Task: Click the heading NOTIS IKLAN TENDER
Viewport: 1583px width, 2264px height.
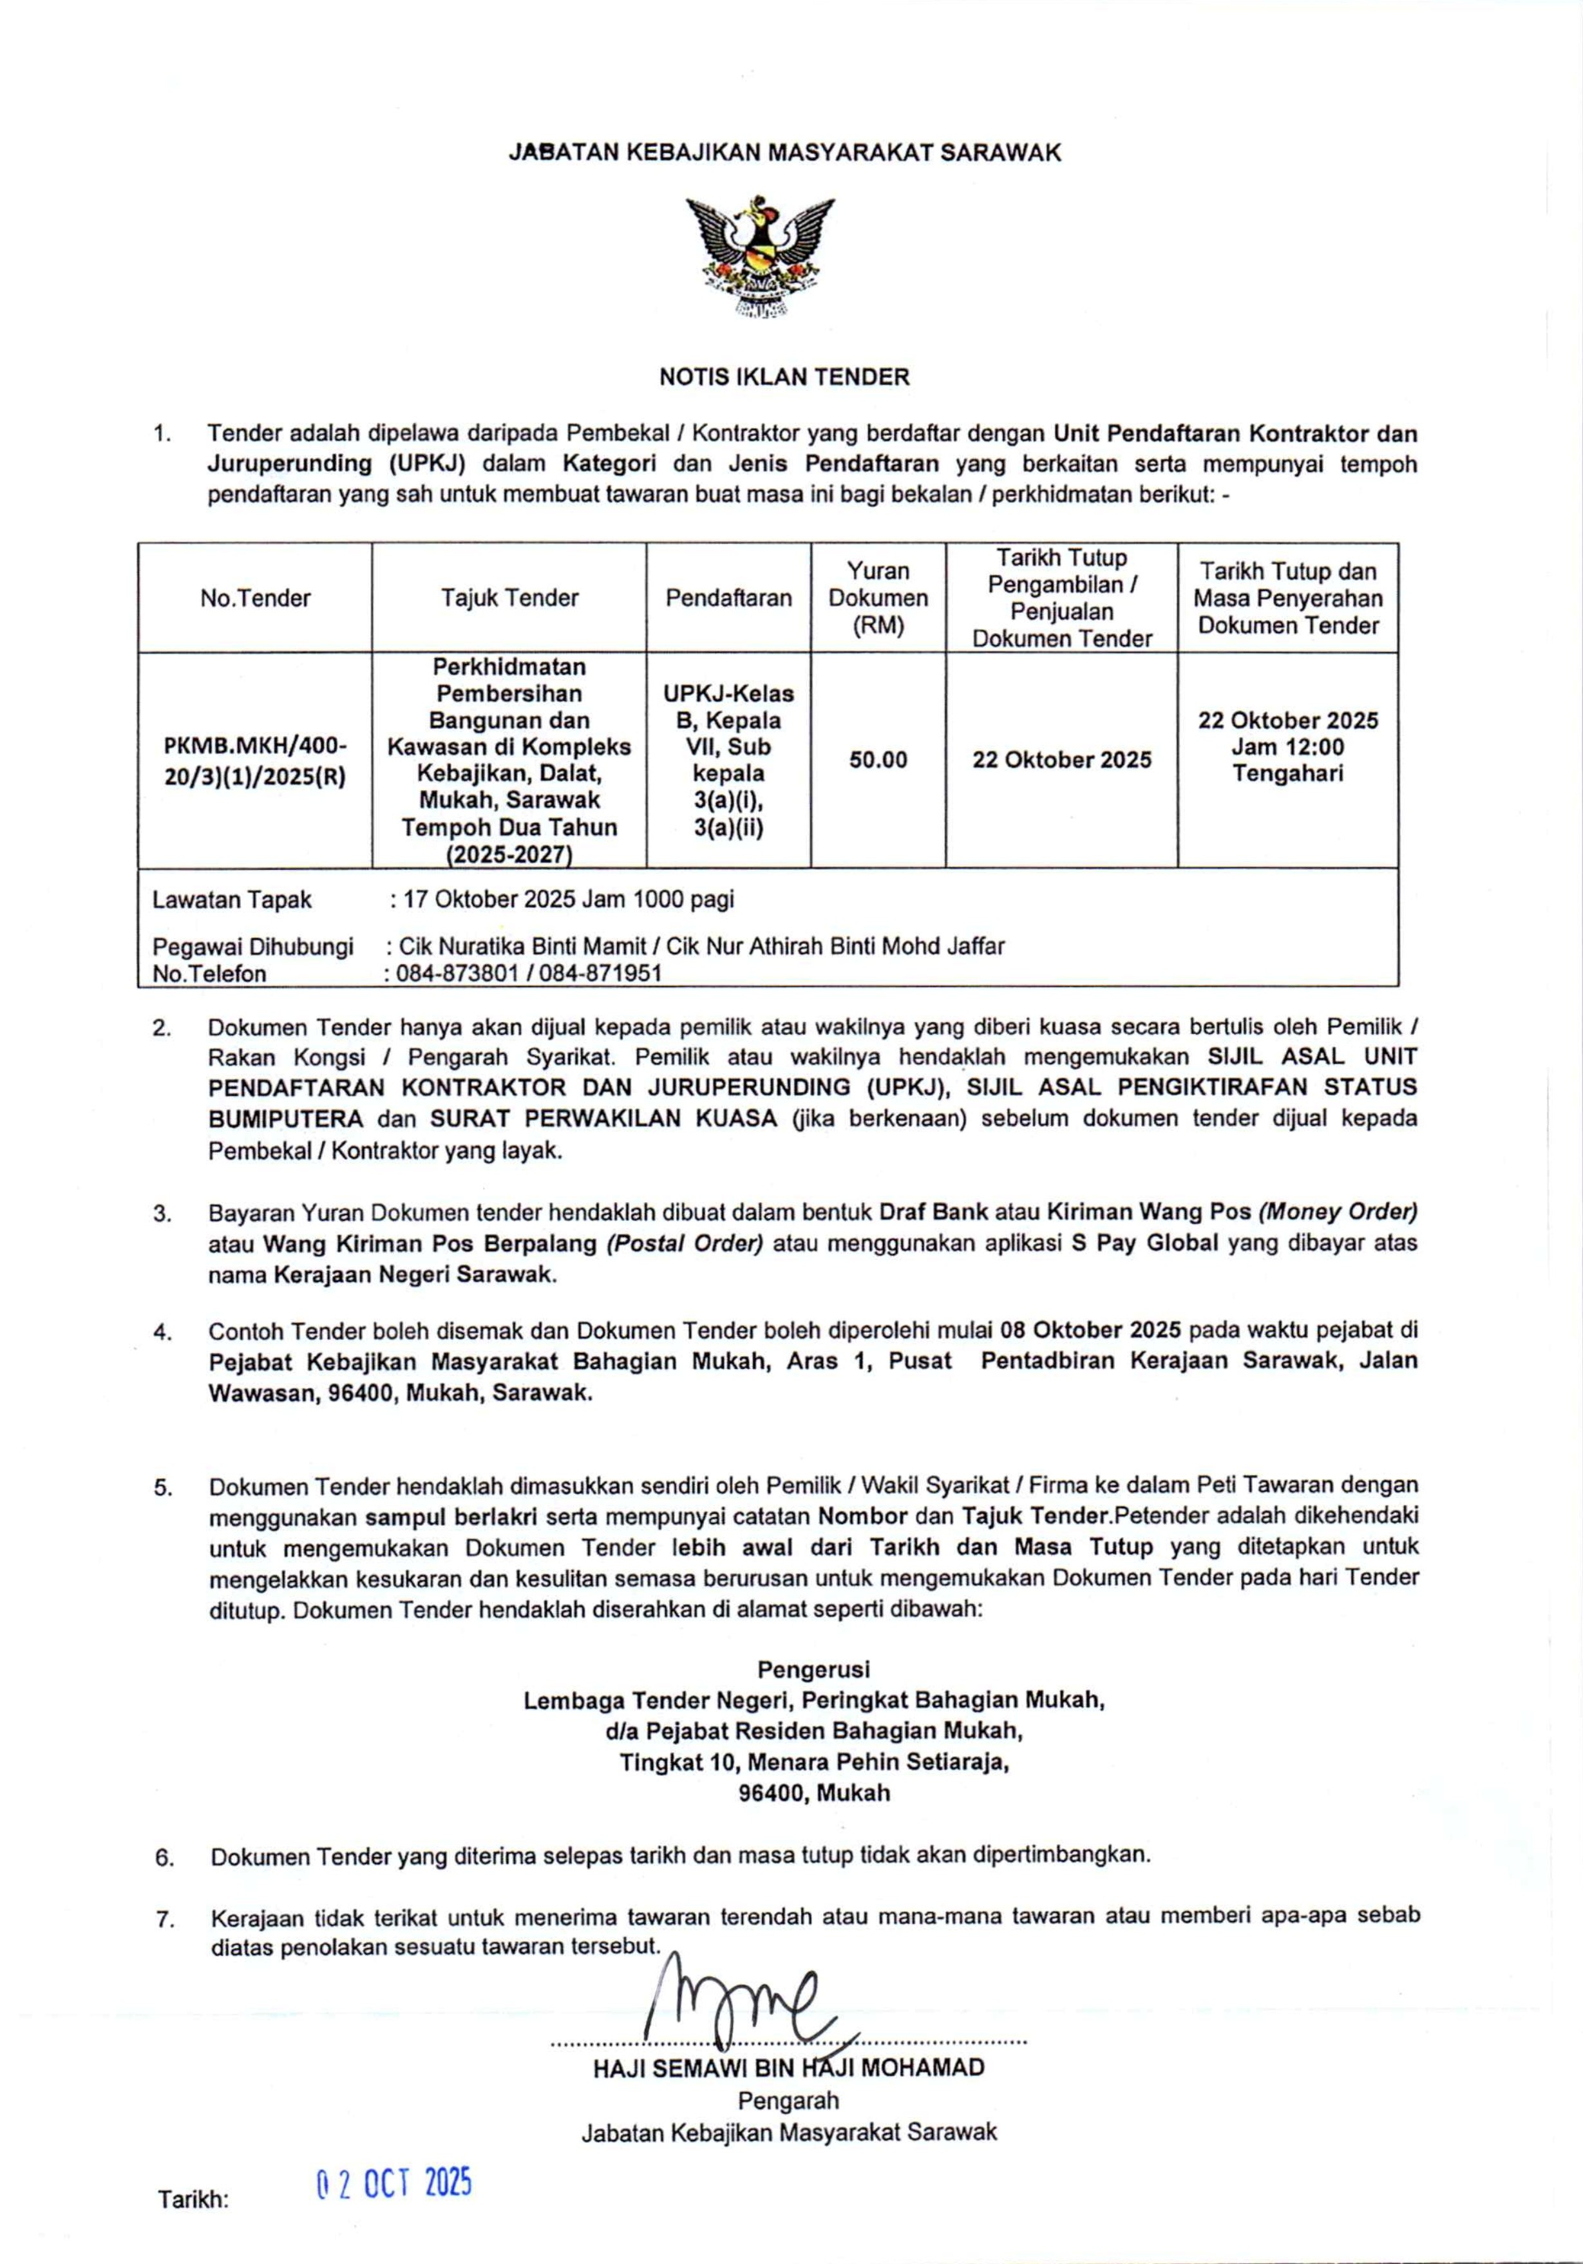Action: [784, 377]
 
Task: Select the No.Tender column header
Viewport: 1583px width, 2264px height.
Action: [256, 599]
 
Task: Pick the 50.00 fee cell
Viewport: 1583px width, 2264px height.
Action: [878, 760]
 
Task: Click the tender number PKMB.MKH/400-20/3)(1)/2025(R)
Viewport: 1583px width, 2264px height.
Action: [256, 760]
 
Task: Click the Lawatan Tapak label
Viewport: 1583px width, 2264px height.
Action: [232, 900]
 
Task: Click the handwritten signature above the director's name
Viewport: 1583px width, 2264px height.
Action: [740, 2006]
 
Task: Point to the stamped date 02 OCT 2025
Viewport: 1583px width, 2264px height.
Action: [393, 2184]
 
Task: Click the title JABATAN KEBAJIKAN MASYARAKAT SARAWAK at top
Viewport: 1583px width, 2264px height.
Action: [784, 153]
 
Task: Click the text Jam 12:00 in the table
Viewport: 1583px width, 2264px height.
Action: [1287, 748]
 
